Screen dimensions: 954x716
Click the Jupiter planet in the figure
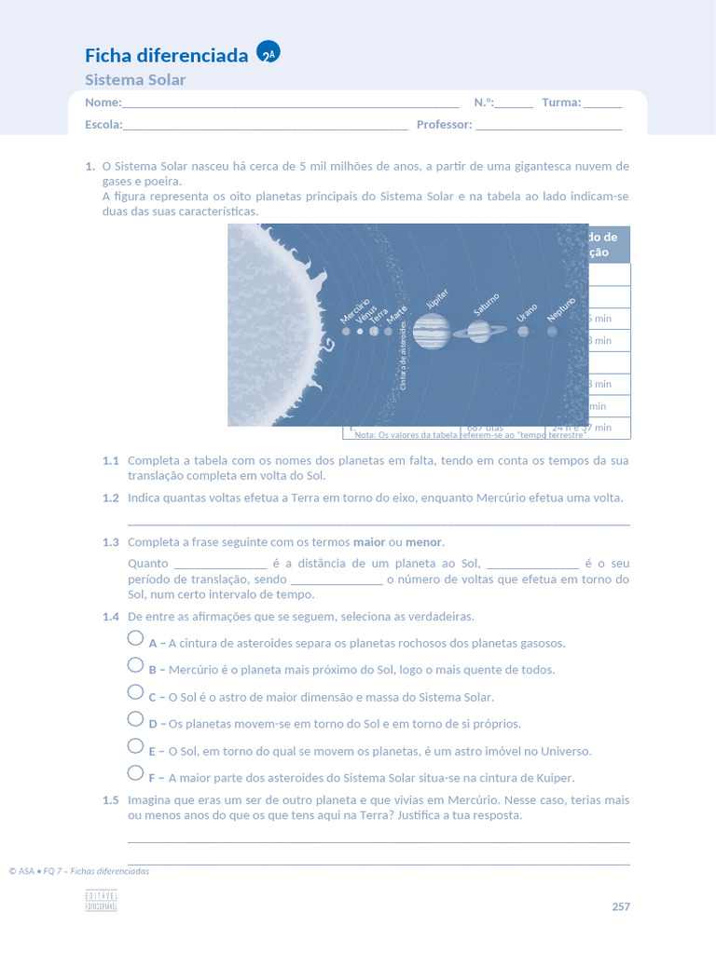431,331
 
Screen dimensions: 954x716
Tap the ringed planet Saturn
480,331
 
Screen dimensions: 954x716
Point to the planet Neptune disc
553,331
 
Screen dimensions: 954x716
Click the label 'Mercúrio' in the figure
355,311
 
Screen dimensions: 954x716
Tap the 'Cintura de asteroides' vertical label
403,361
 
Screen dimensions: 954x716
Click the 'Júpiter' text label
436,299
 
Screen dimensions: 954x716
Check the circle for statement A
136,639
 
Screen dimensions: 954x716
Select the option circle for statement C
136,693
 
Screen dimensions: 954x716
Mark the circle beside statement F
136,773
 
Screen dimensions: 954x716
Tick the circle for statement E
136,746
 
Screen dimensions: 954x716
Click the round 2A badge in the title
268,54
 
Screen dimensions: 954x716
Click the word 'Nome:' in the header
103,102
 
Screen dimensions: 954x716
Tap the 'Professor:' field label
444,125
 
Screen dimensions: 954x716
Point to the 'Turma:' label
561,102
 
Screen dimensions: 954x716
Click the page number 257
621,906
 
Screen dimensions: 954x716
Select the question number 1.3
111,542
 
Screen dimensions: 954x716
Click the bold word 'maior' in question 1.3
369,542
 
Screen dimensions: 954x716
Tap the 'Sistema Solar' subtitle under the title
135,80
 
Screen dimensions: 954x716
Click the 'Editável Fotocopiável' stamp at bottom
101,900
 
